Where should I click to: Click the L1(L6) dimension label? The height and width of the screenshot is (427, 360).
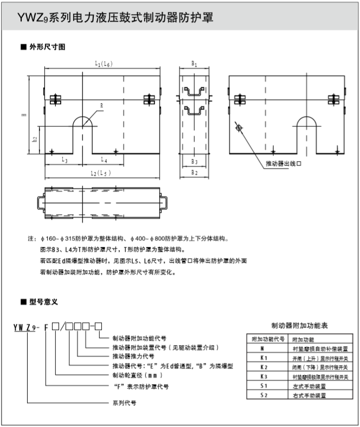(x=102, y=64)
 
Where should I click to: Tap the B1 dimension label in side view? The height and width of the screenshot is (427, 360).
(x=194, y=64)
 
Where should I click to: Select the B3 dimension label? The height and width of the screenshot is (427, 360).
(x=194, y=162)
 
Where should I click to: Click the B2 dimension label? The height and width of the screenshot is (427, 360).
(x=194, y=173)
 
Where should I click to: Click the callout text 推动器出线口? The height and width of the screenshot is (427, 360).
(x=283, y=163)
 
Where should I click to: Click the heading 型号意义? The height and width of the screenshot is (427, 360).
(x=43, y=301)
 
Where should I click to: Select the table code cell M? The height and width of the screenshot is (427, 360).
(x=263, y=349)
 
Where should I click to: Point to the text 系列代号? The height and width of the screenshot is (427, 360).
(x=124, y=404)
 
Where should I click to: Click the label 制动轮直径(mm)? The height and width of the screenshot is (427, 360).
(x=137, y=375)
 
